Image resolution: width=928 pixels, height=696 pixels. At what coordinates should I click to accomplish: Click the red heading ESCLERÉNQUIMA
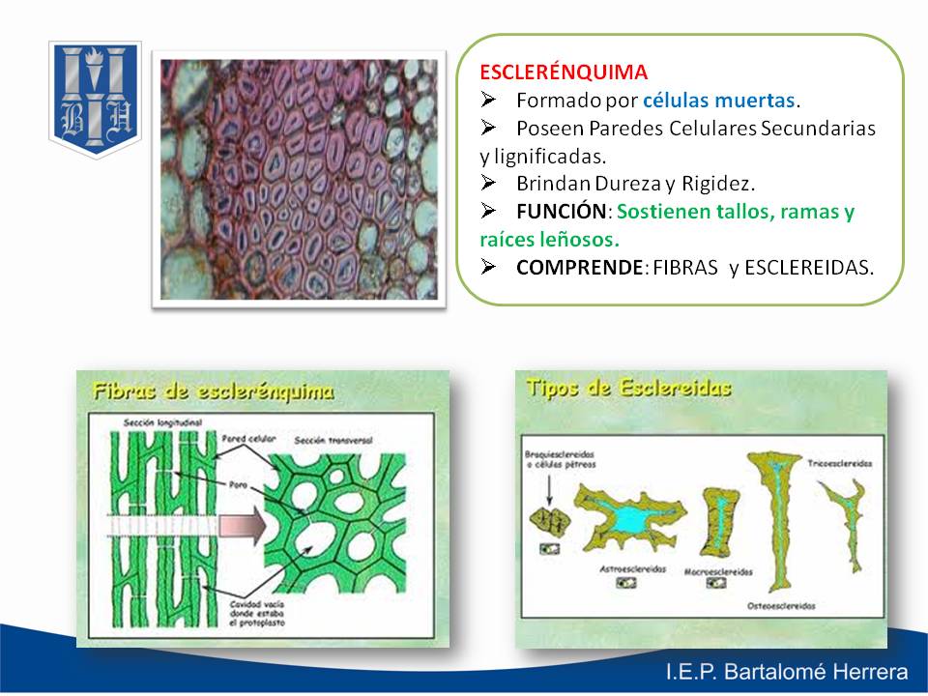point(564,72)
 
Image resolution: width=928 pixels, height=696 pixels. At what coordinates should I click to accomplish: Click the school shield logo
point(95,99)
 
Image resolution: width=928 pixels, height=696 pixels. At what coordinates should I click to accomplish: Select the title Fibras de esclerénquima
point(213,391)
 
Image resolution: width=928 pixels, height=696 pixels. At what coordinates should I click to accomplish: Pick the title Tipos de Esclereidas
point(628,388)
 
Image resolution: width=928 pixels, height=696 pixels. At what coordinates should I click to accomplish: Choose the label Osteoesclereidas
point(781,606)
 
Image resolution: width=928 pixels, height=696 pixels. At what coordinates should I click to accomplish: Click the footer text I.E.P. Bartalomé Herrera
point(786,673)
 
